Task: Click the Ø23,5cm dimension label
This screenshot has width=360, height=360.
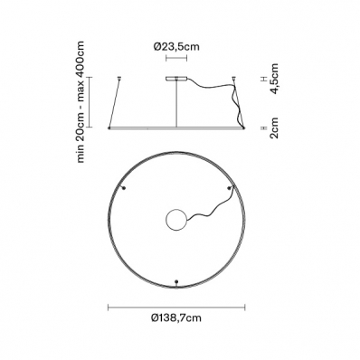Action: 176,47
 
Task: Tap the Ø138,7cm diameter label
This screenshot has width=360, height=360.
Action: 176,317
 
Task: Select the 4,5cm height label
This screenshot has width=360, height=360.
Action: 274,79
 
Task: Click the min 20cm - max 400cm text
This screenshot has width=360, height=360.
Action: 81,102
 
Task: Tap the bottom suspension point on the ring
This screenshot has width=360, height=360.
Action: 176,282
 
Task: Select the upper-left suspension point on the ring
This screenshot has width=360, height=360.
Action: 123,188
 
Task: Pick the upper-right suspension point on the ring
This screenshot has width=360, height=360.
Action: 229,188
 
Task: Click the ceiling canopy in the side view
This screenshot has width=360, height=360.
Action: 176,79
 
